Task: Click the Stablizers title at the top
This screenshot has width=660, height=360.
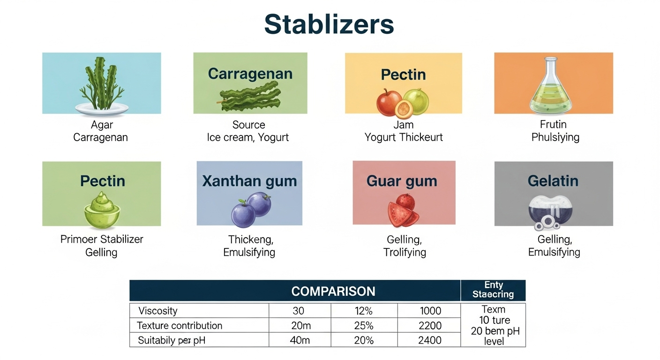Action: (x=329, y=24)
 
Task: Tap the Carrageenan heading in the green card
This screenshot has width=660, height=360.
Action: (x=250, y=74)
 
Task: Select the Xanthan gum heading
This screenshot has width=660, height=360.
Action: (x=249, y=181)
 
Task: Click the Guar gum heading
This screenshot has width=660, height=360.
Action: (x=402, y=181)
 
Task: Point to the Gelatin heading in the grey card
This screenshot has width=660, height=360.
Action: (x=553, y=181)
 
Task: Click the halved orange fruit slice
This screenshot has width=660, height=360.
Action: (x=404, y=110)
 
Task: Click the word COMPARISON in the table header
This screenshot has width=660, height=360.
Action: (x=333, y=292)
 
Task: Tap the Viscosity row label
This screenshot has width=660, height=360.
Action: (x=158, y=311)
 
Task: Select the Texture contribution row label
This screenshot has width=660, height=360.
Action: (x=180, y=325)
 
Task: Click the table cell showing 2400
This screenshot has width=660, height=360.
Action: (x=429, y=340)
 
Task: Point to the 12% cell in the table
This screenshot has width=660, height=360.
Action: (x=364, y=311)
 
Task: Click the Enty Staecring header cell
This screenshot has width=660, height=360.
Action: (x=493, y=290)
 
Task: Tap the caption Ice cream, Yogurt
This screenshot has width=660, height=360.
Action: (x=248, y=137)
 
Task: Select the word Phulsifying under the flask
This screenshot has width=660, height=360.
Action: (x=555, y=137)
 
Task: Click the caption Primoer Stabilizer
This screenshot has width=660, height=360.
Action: (x=102, y=239)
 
